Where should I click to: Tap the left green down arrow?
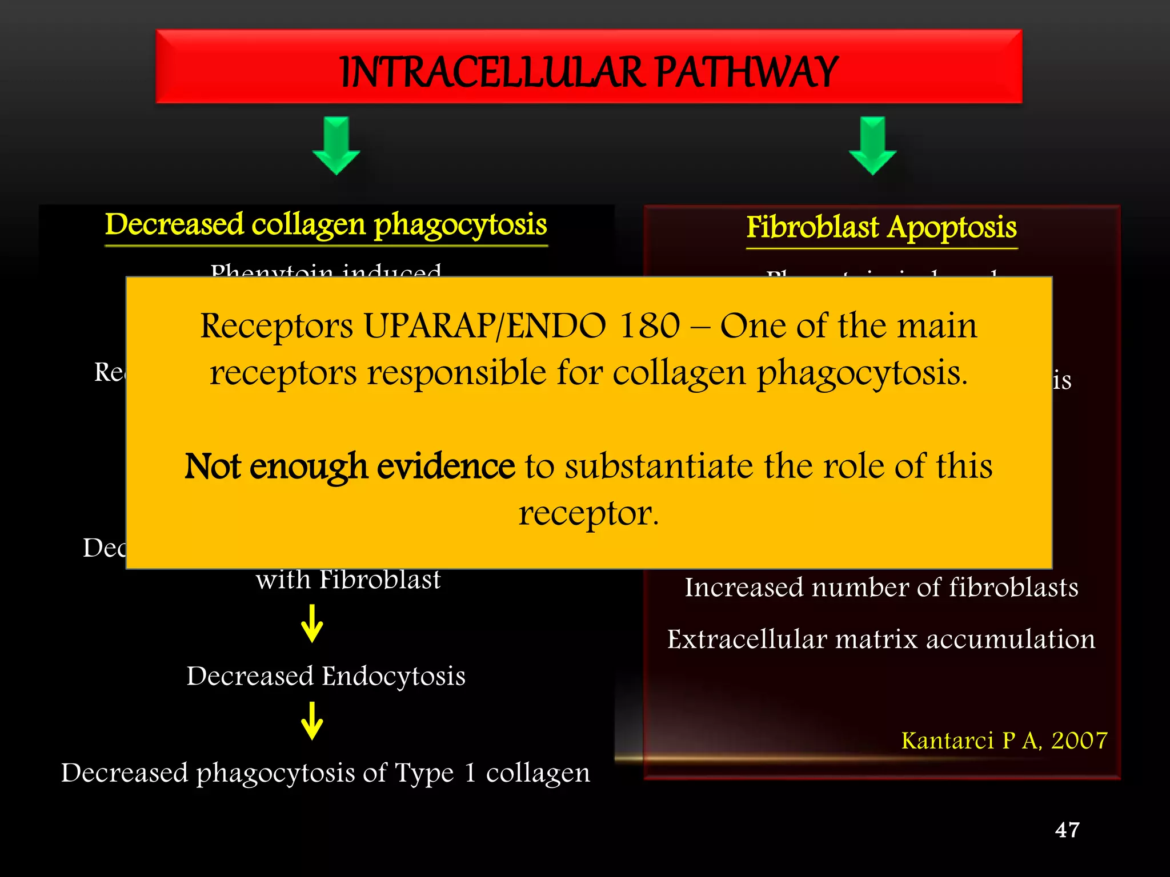tap(336, 146)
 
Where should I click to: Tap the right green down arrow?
tap(872, 146)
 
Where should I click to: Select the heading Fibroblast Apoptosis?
tap(881, 227)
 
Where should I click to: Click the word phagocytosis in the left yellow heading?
tap(460, 225)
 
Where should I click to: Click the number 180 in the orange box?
tap(650, 327)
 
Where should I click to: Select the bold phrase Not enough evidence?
tap(350, 466)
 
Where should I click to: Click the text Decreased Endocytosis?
tap(326, 676)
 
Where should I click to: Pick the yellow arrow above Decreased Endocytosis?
tap(312, 624)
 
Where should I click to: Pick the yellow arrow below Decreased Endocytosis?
tap(312, 721)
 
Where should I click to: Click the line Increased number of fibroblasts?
tap(881, 588)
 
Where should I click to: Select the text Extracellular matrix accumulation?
tap(881, 639)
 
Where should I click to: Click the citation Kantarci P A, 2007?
tap(1004, 741)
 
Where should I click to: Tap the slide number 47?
tap(1067, 830)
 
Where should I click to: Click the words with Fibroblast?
tap(348, 580)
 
